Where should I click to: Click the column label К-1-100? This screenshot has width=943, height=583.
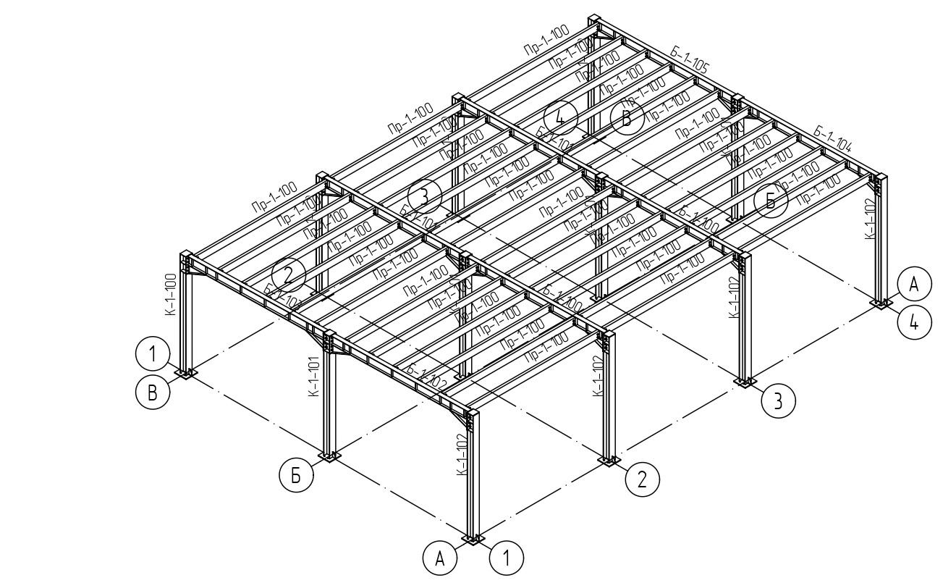point(171,294)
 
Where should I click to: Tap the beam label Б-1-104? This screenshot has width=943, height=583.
point(832,135)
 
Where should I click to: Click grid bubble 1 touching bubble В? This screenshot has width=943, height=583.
point(152,355)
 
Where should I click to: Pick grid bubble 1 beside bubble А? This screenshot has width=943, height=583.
point(507,558)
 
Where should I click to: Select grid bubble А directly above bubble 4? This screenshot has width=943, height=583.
point(914,285)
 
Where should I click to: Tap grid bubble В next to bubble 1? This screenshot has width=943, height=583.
point(152,392)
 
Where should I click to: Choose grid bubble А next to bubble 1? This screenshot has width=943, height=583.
point(440,558)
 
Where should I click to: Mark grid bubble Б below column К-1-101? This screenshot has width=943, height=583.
point(296,476)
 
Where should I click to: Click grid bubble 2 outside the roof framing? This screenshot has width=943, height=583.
point(642,479)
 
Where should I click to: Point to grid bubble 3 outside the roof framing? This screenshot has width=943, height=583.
point(778,401)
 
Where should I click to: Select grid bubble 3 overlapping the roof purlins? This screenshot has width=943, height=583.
point(425,196)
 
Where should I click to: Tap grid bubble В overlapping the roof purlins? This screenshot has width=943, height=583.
point(627,119)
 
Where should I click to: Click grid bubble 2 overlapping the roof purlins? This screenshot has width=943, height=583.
point(288,274)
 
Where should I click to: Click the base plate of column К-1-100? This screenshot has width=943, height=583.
point(187,374)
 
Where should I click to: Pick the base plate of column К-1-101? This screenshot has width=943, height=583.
point(329,456)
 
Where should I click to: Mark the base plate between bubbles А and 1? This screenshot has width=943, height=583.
point(473,540)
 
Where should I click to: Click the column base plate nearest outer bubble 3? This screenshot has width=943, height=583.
point(745,382)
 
